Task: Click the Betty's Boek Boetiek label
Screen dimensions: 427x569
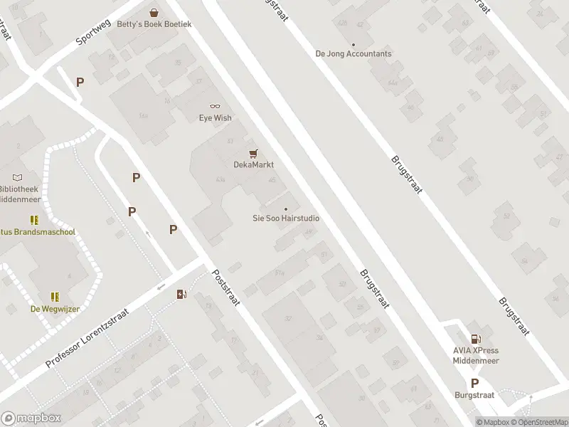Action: (154, 23)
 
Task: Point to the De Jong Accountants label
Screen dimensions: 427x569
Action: (353, 53)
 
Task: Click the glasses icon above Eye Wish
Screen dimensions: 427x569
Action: (215, 106)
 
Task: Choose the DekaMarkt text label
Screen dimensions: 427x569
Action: (254, 164)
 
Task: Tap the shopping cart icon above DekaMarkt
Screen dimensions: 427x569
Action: (253, 152)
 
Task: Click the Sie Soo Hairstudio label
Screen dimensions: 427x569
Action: (286, 218)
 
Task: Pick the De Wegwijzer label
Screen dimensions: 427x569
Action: (55, 309)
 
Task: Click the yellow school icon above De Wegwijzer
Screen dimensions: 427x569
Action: (55, 296)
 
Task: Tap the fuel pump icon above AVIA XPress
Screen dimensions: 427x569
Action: (475, 338)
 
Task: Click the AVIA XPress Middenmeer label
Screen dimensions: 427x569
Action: (476, 355)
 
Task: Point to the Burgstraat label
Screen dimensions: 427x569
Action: (474, 394)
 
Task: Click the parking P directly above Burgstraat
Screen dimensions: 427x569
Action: (474, 382)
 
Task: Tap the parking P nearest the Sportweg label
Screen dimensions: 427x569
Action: (80, 82)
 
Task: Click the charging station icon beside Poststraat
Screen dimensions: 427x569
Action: (182, 293)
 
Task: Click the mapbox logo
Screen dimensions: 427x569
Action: (30, 418)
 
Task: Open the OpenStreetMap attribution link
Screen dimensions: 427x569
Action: (543, 423)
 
